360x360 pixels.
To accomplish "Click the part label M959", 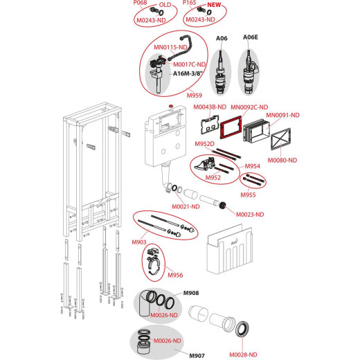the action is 195,96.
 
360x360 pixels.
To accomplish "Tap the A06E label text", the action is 251,37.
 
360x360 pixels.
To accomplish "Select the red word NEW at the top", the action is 214,5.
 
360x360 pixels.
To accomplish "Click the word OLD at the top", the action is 165,5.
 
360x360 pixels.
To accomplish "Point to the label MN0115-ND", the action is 170,47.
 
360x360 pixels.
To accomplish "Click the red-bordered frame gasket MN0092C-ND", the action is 231,127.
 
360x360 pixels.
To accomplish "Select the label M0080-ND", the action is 282,160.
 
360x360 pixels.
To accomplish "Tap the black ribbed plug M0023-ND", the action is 222,206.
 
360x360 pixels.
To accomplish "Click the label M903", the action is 139,242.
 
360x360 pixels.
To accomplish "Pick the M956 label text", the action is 175,275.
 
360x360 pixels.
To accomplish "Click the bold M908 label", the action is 191,293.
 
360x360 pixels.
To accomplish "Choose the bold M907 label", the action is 197,356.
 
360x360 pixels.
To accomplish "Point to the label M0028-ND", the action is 243,354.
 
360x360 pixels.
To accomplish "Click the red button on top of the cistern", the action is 171,106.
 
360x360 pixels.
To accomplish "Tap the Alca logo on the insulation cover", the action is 234,243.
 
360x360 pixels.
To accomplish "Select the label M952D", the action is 204,144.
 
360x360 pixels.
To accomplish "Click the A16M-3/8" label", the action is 188,73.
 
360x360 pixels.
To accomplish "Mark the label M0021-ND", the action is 186,207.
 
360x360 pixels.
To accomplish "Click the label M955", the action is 248,195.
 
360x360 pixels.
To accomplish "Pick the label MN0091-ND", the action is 282,115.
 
